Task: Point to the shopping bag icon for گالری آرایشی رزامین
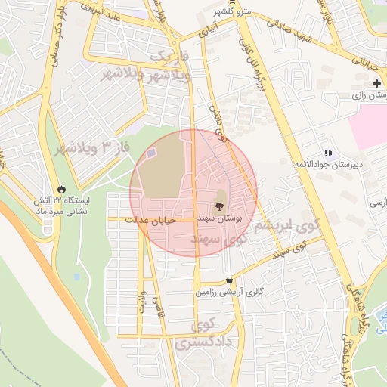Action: point(229,280)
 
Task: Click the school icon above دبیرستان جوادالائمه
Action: point(327,153)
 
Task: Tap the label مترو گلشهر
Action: point(227,11)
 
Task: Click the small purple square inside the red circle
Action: point(151,154)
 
